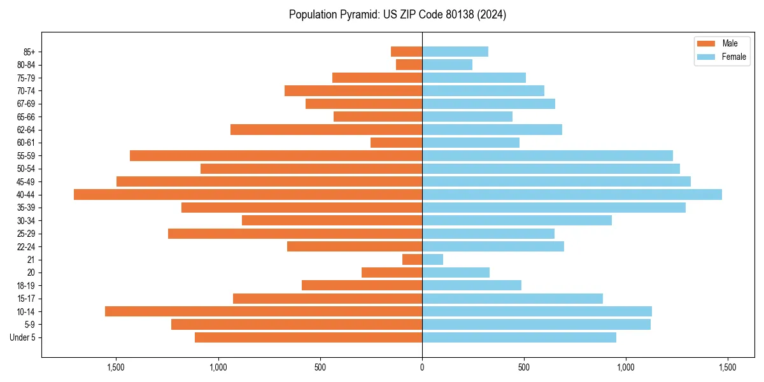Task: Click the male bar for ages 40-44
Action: pos(248,195)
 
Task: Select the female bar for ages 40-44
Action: pos(572,195)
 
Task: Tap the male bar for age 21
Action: pos(412,260)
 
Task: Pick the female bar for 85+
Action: pos(455,52)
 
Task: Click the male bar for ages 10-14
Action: pos(264,311)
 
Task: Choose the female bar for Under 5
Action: pos(519,337)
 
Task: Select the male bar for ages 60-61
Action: pos(396,143)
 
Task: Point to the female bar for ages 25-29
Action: pos(488,234)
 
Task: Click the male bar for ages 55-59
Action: pos(276,156)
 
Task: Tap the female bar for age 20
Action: pos(456,272)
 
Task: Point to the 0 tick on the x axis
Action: pos(422,367)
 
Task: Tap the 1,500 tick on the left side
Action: pos(116,367)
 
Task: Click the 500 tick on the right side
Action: pos(524,367)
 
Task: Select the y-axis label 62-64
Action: pos(26,130)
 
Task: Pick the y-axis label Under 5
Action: pos(23,337)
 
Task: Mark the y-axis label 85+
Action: pos(29,52)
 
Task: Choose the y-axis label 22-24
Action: pos(26,246)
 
